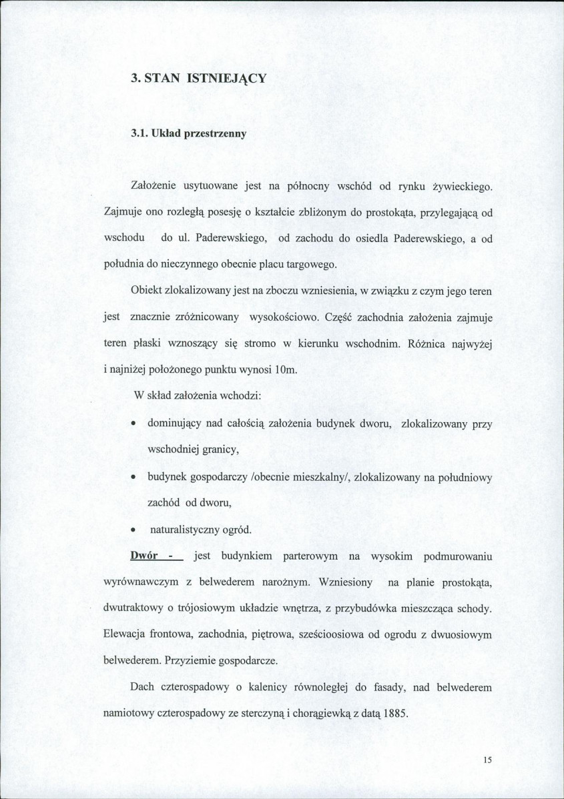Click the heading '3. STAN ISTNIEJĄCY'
[198, 78]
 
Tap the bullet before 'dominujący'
[133, 424]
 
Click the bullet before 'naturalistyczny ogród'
[133, 530]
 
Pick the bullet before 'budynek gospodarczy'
[133, 478]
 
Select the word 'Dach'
[142, 686]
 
